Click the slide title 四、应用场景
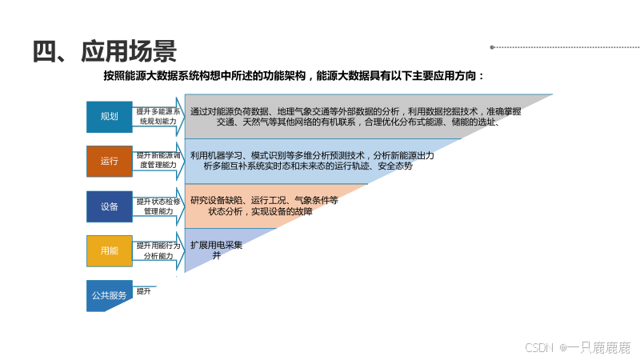(x=104, y=50)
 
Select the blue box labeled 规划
(x=110, y=117)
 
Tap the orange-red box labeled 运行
(x=110, y=161)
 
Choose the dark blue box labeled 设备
(x=110, y=206)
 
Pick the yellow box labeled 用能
(x=110, y=251)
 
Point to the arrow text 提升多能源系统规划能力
(x=158, y=116)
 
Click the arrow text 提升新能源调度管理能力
(x=158, y=160)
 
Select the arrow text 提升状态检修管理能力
(x=158, y=206)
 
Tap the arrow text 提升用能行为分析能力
(x=158, y=250)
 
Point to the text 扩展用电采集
(x=216, y=245)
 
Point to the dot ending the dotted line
(x=492, y=47)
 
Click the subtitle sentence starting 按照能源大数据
(x=294, y=76)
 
